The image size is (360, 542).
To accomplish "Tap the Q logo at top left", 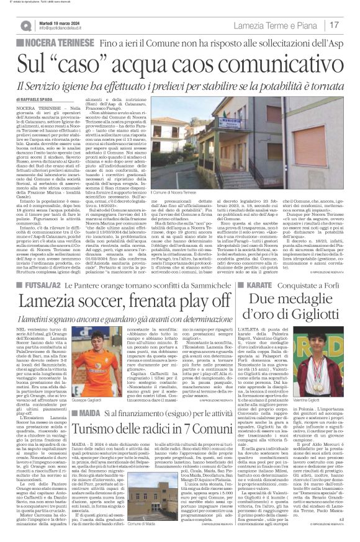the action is (x=25, y=25).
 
